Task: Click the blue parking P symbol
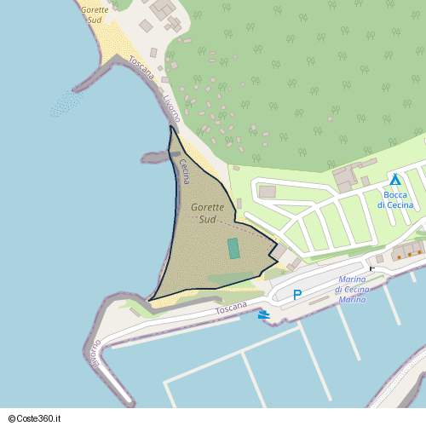tap(297, 295)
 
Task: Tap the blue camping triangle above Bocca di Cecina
tap(395, 180)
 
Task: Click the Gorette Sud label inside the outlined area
tap(207, 213)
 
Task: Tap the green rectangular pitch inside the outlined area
tap(233, 248)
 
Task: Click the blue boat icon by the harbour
tap(265, 314)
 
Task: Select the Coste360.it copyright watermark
tap(40, 417)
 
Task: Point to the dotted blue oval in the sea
tap(66, 104)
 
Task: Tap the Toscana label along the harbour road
tap(231, 306)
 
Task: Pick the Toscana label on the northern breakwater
tap(142, 68)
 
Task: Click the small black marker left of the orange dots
tap(371, 268)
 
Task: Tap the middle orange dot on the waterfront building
tap(409, 254)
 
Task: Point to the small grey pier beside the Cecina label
tap(156, 157)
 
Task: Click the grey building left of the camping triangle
tap(347, 178)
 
